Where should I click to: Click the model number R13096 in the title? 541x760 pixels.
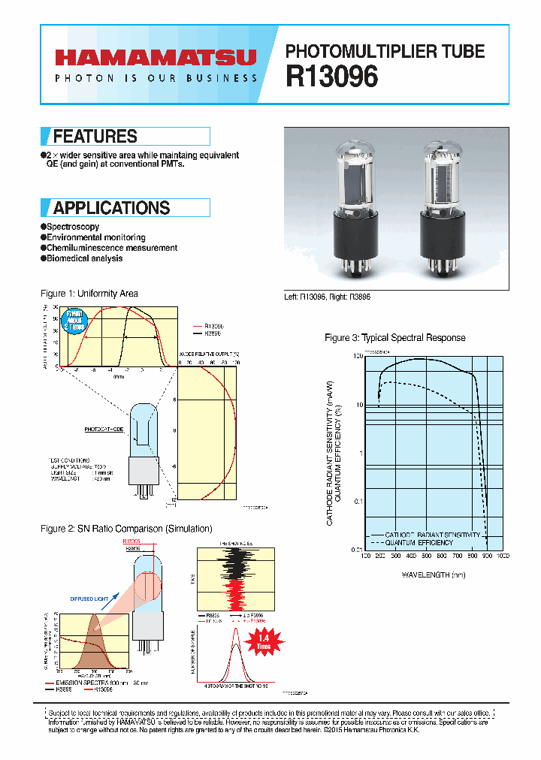[331, 77]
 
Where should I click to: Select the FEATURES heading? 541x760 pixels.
[95, 137]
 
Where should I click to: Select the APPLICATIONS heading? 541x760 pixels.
[111, 208]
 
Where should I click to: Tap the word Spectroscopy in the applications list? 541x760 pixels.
[73, 227]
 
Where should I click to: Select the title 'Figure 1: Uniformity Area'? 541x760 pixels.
[89, 294]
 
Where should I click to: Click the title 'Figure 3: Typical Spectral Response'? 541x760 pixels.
[394, 338]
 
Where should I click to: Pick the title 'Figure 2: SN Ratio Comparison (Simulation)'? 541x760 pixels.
[125, 529]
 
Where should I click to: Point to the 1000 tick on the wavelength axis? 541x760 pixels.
[502, 556]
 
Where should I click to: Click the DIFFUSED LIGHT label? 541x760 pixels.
[89, 599]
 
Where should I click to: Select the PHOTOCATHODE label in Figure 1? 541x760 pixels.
[102, 430]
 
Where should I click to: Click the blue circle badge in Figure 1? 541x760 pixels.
[75, 320]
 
